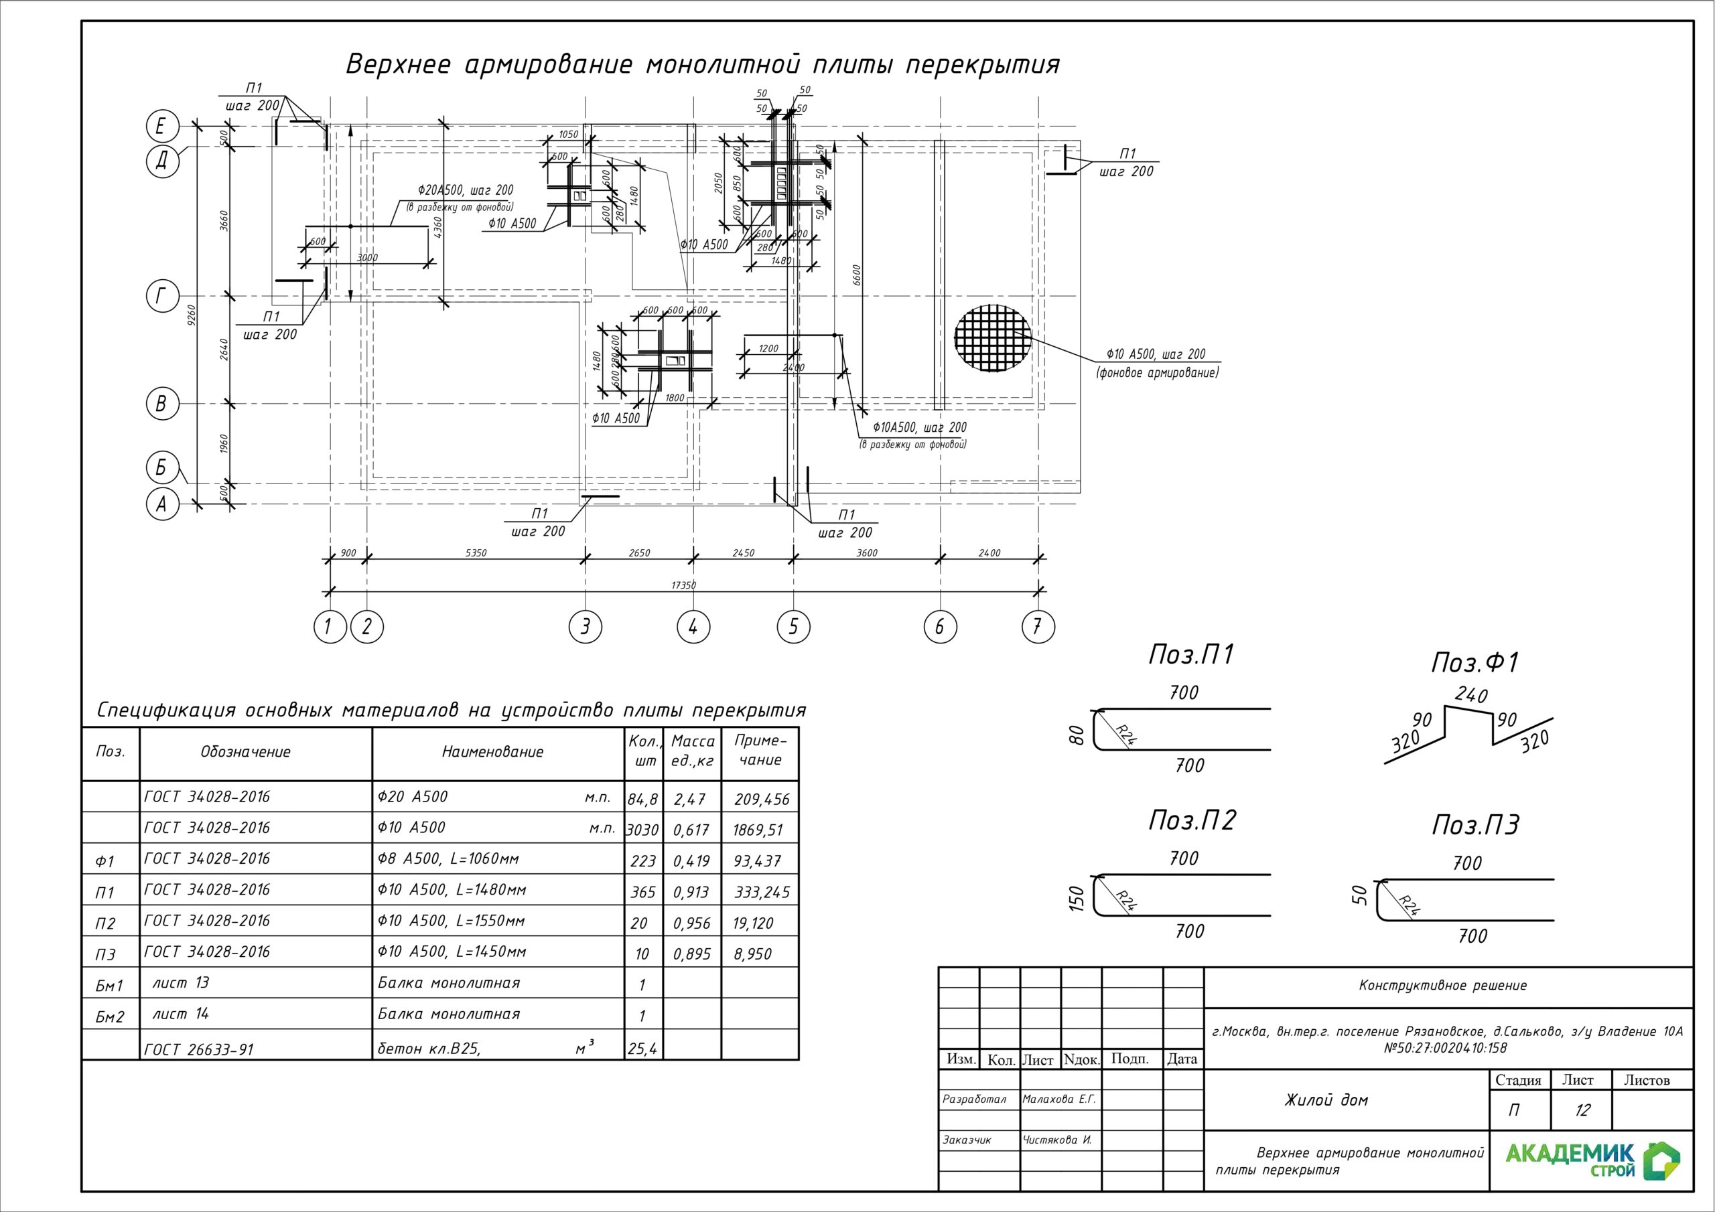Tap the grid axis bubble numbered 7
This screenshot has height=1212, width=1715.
[1038, 627]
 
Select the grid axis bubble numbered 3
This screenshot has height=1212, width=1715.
[585, 627]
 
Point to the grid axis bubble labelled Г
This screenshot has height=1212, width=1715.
[162, 297]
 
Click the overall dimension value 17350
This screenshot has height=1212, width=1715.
[683, 585]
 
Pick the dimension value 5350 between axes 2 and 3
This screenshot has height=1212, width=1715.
[476, 553]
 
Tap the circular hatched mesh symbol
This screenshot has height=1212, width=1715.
[993, 338]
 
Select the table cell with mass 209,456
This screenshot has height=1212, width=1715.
[761, 799]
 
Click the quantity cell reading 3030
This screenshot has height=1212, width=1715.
[642, 830]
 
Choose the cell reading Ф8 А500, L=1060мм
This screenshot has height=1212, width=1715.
[448, 859]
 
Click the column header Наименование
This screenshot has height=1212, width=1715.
[493, 752]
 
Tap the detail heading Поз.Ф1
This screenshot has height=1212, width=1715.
[1474, 662]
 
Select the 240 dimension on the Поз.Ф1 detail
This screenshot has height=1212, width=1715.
[1470, 695]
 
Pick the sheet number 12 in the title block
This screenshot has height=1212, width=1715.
[1582, 1110]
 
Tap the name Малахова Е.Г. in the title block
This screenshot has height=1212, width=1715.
[1058, 1100]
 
